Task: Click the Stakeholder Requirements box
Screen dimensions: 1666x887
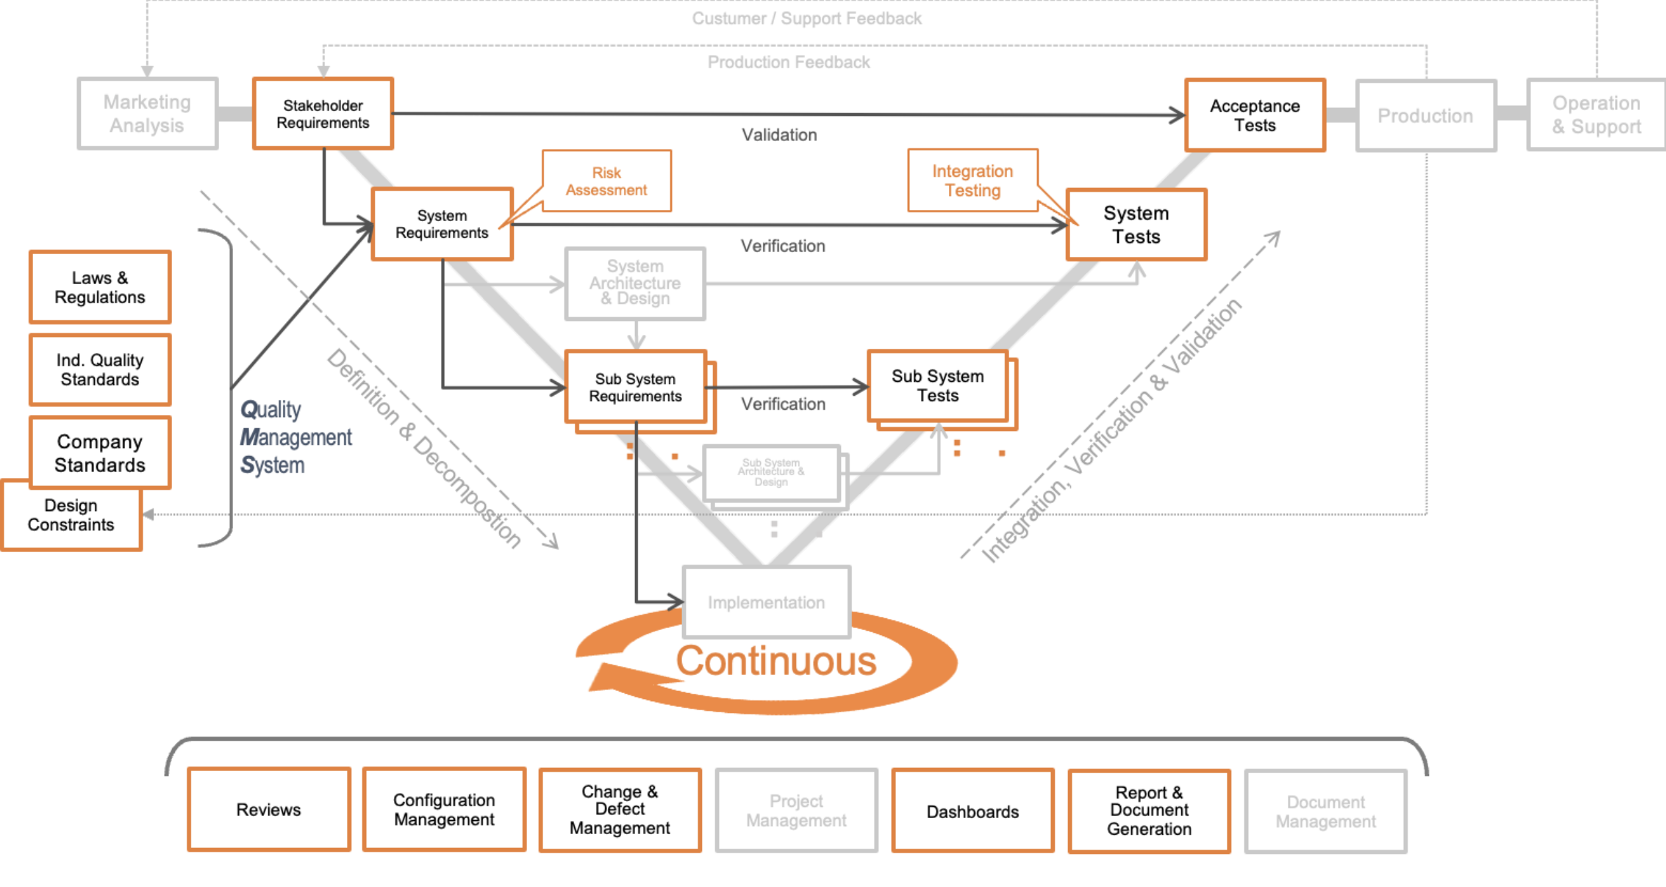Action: tap(323, 114)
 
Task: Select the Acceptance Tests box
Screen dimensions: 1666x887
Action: tap(1255, 115)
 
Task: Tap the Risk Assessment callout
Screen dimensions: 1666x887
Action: tap(606, 181)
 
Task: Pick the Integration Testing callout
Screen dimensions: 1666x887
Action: tap(973, 181)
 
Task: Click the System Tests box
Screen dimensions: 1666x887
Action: tap(1136, 225)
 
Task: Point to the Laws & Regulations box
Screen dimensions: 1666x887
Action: tap(100, 287)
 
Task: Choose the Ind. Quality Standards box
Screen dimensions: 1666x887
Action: tap(100, 369)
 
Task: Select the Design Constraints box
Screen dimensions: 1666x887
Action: tap(71, 516)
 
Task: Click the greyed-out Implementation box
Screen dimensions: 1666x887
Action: tap(766, 602)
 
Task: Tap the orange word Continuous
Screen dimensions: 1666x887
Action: tap(776, 661)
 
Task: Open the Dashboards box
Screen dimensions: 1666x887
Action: tap(973, 811)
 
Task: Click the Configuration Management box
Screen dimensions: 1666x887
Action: tap(444, 810)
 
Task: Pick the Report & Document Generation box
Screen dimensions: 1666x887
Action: tap(1150, 811)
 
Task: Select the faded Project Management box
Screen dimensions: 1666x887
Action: tap(797, 811)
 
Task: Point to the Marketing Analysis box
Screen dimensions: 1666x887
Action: tap(147, 114)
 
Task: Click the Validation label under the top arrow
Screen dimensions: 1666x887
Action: tap(779, 135)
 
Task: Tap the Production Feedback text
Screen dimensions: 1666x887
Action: tap(789, 62)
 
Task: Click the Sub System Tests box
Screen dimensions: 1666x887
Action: tap(938, 386)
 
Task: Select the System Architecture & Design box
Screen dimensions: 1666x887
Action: tap(635, 283)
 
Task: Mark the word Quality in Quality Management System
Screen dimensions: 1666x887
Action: tap(270, 410)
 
